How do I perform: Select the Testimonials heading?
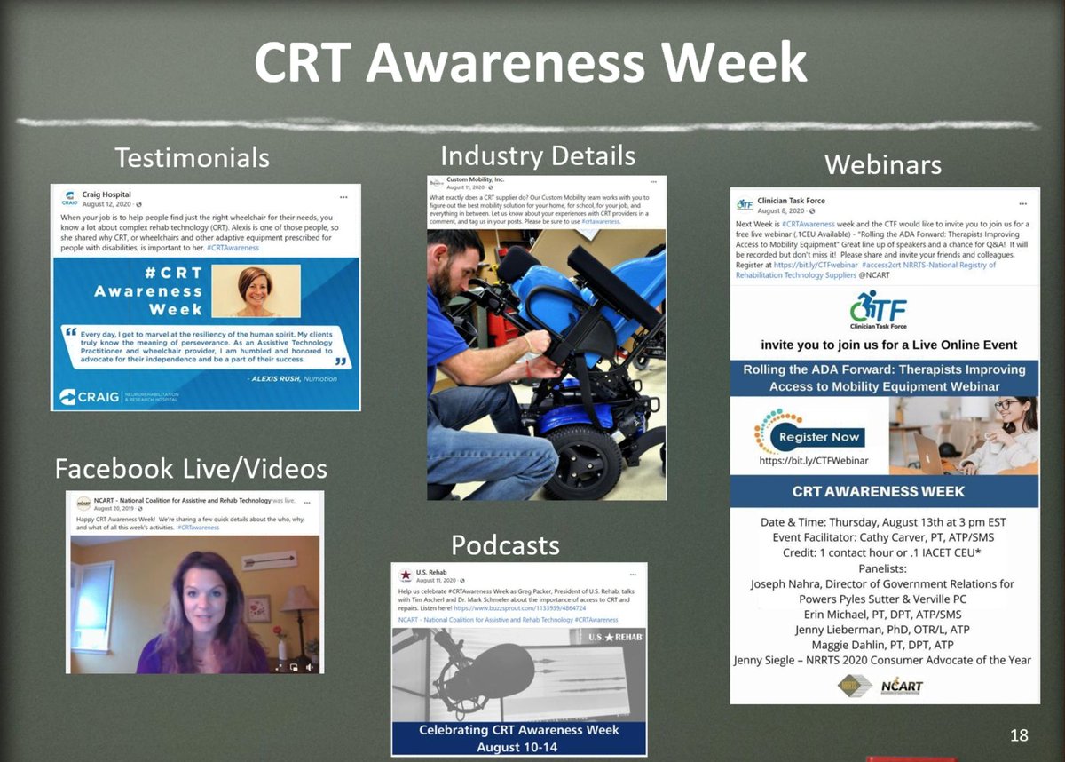[192, 157]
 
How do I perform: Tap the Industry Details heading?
[538, 155]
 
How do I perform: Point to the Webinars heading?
[883, 164]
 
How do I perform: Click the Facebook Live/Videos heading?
[191, 468]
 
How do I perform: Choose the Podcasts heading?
[505, 544]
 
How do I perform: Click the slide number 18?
[1019, 734]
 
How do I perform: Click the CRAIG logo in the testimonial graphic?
[89, 396]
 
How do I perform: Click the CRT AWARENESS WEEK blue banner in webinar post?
[884, 491]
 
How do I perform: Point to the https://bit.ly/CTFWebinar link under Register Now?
[813, 461]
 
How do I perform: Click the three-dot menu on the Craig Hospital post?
[343, 195]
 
